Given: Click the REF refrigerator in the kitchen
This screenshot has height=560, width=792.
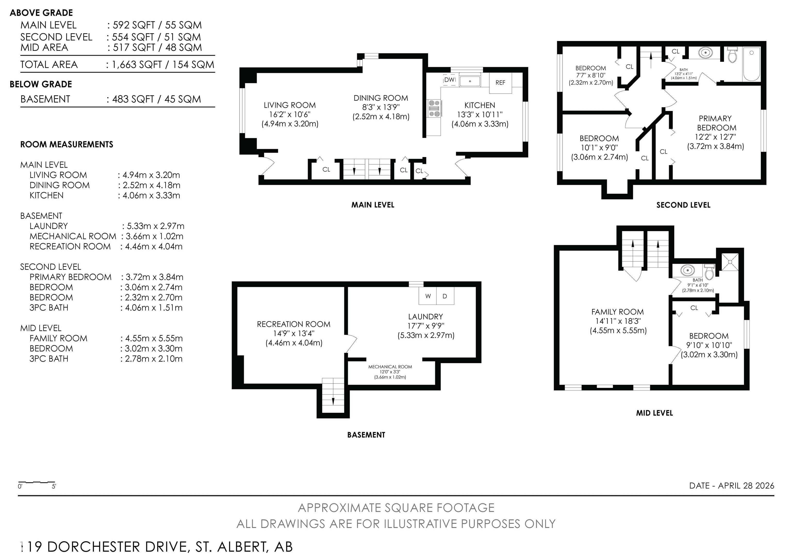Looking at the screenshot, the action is click(500, 83).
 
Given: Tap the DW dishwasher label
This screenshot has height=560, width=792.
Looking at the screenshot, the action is click(449, 80).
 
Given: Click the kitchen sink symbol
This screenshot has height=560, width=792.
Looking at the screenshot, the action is click(470, 80).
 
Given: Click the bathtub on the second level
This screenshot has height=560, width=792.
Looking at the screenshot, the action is click(752, 64).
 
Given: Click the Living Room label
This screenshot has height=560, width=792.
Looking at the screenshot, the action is click(290, 105).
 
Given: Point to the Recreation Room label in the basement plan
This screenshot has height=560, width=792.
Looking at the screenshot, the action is click(294, 324).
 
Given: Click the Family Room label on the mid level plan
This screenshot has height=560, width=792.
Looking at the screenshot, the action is click(617, 312).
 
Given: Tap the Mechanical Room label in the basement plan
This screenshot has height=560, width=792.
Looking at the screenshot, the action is click(390, 367).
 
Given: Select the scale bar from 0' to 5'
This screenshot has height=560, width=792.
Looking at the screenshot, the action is click(37, 482).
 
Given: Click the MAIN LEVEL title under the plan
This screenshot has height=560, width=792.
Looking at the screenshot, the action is click(373, 205).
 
